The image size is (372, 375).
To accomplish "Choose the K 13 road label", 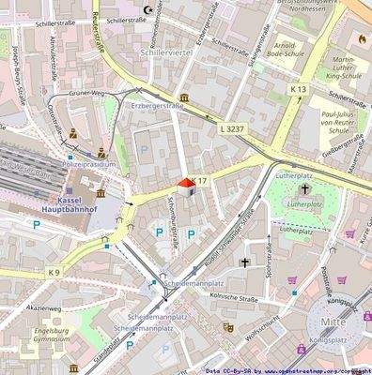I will click(298, 88).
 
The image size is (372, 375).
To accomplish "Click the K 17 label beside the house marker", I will click(198, 179).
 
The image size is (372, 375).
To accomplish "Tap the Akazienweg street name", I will click(43, 307).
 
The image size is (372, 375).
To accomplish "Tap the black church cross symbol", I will click(245, 263).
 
